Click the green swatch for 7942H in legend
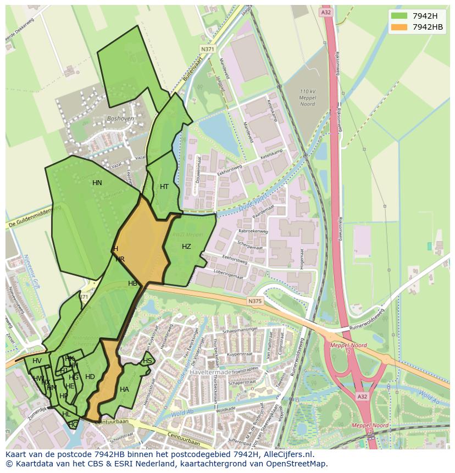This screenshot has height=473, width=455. coord(399,16)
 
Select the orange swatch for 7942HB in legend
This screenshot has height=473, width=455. coord(399,27)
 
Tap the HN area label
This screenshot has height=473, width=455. coord(97,183)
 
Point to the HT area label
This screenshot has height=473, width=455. coord(164,187)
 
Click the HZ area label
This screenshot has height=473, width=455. coord(186,247)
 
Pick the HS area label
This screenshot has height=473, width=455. coord(147,361)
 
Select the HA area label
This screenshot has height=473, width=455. coord(124,389)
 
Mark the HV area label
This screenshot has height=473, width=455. coord(37,361)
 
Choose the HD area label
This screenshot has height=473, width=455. coord(90,377)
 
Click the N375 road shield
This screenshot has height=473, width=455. coord(254,301)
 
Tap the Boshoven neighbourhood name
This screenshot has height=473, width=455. coord(120,118)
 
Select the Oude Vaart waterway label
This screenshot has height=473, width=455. coord(253,202)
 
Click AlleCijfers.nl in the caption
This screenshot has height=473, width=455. coord(285,454)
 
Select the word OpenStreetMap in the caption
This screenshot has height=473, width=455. coord(297,464)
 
